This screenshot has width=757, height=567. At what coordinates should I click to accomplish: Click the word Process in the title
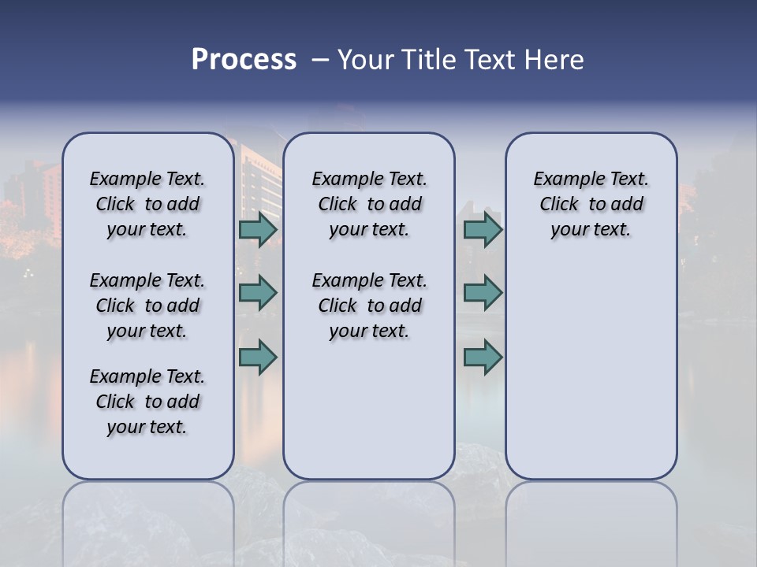pos(244,60)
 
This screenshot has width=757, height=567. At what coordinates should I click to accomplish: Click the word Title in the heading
pos(425,60)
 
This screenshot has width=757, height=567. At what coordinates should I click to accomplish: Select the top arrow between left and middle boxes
pos(257,229)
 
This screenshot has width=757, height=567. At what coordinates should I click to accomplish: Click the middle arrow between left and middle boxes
pos(257,293)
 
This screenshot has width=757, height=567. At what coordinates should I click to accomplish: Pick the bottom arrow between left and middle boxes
pos(257,357)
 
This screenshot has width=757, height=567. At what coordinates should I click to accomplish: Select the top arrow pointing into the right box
pos(483,229)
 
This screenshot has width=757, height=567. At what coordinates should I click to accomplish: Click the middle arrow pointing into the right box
pos(483,293)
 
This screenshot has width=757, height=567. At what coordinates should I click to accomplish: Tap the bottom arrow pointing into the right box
pos(483,357)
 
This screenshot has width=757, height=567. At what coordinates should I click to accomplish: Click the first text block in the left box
pos(147,204)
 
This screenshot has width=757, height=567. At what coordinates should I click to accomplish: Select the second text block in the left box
pos(147,306)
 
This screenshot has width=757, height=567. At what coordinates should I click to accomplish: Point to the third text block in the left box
pos(147,402)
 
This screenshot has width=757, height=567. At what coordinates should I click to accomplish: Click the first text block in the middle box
pos(369,204)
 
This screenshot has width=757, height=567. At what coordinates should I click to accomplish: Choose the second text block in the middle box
pos(369,306)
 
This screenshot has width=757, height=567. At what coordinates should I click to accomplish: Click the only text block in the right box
pos(591,204)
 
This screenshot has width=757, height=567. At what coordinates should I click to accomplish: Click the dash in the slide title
pos(320,60)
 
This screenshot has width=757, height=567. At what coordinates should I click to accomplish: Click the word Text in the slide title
pos(487,60)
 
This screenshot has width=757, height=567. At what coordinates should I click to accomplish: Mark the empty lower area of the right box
pos(591,370)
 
